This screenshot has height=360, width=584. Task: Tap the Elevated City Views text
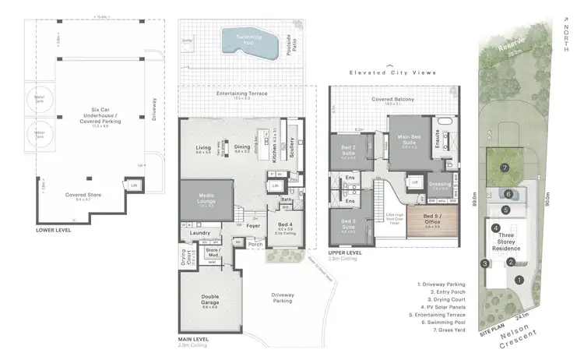pyautogui.click(x=392, y=72)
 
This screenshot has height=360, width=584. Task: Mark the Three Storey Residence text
pyautogui.click(x=506, y=242)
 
